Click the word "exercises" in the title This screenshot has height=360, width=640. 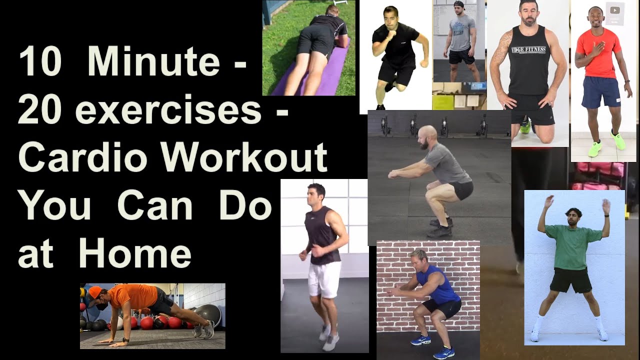click(x=168, y=110)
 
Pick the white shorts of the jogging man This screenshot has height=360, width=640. click(x=324, y=279)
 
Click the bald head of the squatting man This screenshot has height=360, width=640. click(x=427, y=132)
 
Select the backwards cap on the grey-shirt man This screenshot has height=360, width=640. click(x=459, y=5)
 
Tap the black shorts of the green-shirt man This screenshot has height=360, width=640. click(x=570, y=280)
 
